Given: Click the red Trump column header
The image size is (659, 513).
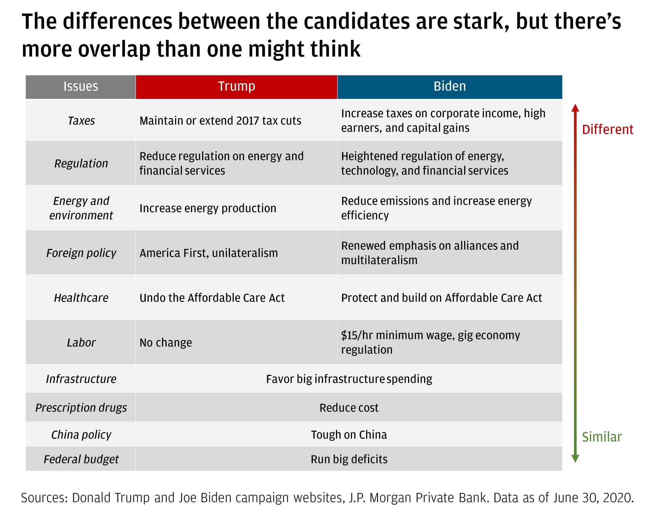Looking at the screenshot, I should [236, 87].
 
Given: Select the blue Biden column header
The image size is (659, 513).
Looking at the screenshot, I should [450, 87].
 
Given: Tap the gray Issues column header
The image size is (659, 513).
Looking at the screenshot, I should [80, 87].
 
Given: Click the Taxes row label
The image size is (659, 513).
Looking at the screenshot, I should [81, 121].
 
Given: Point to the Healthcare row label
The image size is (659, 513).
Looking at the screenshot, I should [81, 298].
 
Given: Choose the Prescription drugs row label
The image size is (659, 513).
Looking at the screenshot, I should [81, 408].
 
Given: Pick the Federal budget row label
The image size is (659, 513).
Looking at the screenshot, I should [81, 459].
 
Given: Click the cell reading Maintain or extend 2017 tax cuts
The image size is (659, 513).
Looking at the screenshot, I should [220, 121].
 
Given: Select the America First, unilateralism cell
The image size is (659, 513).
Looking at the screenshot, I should [209, 253].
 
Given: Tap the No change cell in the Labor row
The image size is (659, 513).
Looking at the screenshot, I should [166, 343].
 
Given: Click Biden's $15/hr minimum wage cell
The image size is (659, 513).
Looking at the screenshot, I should [430, 342].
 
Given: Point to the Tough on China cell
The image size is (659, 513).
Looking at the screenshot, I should [349, 435].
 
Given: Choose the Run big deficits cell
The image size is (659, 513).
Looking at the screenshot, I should [349, 459].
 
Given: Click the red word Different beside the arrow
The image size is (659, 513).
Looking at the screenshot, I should [608, 130].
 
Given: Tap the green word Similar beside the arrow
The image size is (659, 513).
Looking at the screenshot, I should [602, 437].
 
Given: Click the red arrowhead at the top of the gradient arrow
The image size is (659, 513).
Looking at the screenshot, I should [575, 108].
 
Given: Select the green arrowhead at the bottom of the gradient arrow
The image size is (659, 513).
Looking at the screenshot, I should [575, 458].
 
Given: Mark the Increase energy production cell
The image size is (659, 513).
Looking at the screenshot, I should [208, 208].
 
